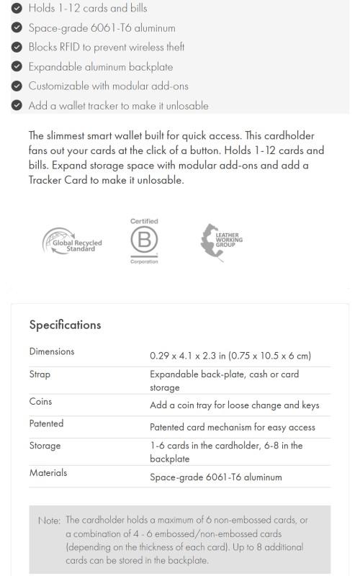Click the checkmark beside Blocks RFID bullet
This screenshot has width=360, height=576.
pos(17,47)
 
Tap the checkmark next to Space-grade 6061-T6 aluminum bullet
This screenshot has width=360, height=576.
pos(17,28)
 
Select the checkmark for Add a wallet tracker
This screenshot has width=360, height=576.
pos(17,105)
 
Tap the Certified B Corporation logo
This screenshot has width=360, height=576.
pos(144,241)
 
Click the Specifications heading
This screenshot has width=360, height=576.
pos(65,325)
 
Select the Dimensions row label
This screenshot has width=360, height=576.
pos(52,351)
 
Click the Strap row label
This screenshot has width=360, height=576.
pos(40,374)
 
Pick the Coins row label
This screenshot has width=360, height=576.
pos(40,401)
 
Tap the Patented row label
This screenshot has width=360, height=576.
pos(46,423)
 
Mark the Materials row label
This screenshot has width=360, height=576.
pos(48,473)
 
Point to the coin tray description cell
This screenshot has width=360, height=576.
pos(234,405)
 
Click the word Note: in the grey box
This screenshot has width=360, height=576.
pos(49,521)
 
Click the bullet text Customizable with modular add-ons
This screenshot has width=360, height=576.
pos(108,86)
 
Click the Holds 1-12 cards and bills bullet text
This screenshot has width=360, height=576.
pos(88,9)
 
